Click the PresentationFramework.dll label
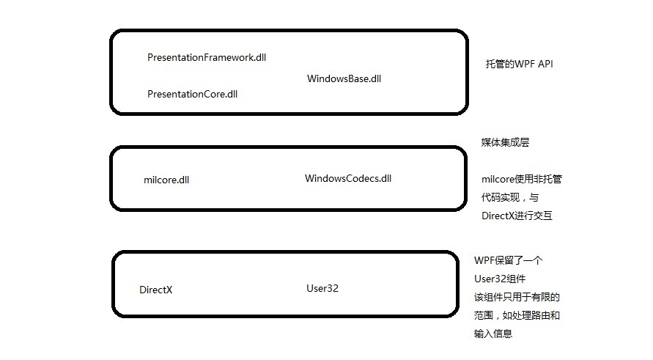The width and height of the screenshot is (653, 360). point(206,57)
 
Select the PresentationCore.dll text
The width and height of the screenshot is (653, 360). point(192,94)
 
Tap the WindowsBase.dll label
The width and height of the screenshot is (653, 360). point(344,78)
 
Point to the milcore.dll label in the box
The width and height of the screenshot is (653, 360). point(166,180)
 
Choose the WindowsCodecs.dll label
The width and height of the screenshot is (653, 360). point(348,178)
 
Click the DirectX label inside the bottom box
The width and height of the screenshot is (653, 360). point(155,290)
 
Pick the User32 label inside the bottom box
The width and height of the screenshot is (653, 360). point(322,288)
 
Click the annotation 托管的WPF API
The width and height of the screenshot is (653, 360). point(519,65)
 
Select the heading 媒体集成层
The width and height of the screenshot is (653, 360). point(505,143)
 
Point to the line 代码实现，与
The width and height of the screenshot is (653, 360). point(509,198)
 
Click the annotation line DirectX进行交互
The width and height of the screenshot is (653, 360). point(517,216)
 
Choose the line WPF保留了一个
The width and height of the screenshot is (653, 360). point(508,261)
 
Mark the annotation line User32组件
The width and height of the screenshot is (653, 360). point(500,279)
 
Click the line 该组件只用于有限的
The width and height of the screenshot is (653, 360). point(517,298)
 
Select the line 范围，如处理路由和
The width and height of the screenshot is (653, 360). point(517,316)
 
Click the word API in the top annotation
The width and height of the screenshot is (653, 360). point(545,65)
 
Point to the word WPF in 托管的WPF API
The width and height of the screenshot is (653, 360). point(523,65)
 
